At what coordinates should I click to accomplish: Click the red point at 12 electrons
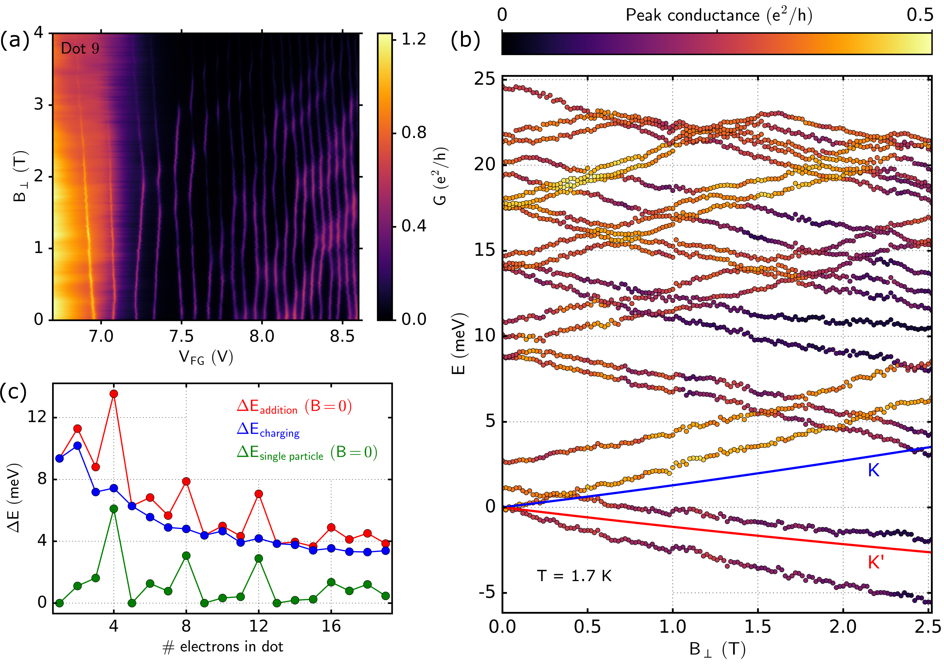coord(259,494)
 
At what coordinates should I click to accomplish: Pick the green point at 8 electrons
coord(186,556)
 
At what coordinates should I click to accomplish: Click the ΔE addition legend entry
coord(294,406)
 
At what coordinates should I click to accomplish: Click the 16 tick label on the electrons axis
coord(331,626)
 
